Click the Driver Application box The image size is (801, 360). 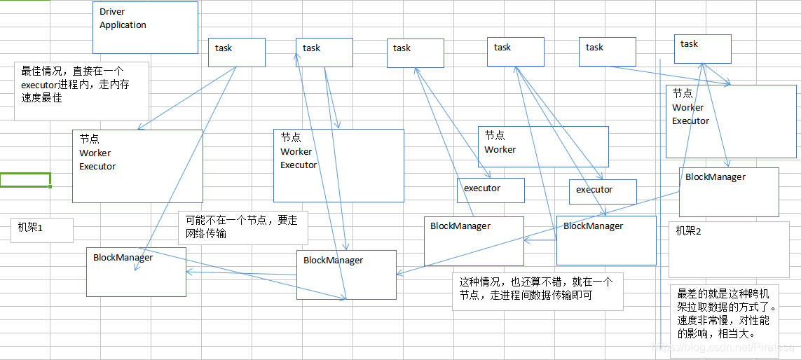tap(145, 27)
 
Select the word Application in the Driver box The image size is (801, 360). tap(123, 25)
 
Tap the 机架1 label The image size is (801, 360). tap(31, 228)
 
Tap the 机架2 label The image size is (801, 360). tap(689, 231)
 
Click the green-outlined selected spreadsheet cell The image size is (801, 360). tap(25, 180)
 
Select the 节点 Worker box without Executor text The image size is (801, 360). tap(542, 146)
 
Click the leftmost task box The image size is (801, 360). tap(236, 52)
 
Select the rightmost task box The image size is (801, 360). tap(702, 48)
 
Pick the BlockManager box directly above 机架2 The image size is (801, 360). tap(728, 192)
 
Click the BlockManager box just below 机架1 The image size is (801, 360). tap(136, 271)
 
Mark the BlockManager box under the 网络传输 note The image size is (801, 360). tap(345, 274)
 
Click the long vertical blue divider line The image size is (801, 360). tap(660, 210)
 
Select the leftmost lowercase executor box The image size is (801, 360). tap(490, 190)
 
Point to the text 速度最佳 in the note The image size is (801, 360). tap(42, 98)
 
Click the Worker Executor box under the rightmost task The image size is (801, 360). tap(730, 120)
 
